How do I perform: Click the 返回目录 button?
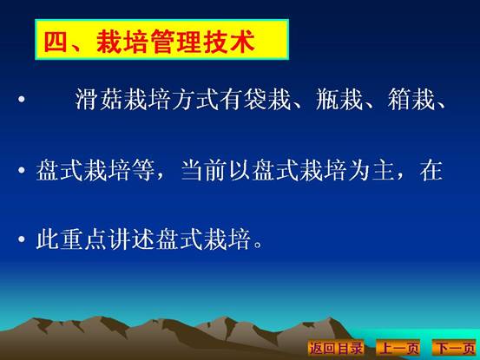336,348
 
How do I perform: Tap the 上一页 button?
398,348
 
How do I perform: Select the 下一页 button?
455,348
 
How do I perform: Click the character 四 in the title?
56,41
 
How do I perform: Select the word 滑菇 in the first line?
99,99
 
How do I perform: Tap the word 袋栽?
267,99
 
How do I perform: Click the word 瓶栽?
339,99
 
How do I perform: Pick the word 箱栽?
411,99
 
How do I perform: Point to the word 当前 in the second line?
205,170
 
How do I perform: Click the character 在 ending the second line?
431,170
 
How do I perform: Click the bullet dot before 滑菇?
22,99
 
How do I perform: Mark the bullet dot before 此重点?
22,239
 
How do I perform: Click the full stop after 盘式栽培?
258,245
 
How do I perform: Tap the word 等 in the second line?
144,170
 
